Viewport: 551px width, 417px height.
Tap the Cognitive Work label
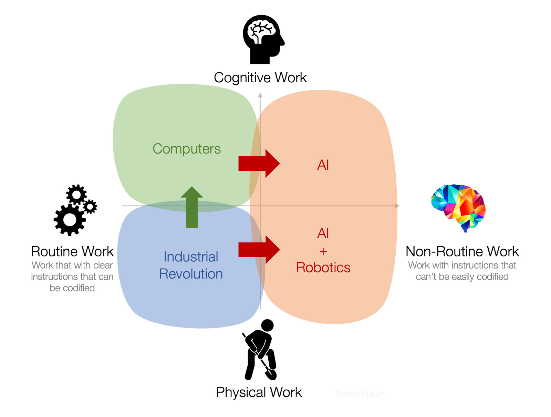(260, 78)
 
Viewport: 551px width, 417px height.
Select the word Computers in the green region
(186, 149)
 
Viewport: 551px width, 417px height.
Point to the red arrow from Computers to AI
(259, 164)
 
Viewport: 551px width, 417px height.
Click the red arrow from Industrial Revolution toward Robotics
(259, 250)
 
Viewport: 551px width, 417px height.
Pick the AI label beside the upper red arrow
(323, 165)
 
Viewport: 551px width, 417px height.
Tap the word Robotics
(323, 268)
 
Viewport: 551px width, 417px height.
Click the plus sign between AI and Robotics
(323, 251)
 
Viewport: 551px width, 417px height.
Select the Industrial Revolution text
(191, 265)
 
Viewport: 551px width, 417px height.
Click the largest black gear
(70, 220)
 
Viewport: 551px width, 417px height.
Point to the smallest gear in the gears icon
(90, 207)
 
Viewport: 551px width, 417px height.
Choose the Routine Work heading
(72, 251)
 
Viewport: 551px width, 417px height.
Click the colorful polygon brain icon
(459, 207)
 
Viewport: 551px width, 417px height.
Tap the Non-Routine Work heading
(462, 251)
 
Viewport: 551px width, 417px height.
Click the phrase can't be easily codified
(462, 277)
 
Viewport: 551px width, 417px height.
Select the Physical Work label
(259, 392)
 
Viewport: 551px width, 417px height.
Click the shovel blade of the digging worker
(271, 374)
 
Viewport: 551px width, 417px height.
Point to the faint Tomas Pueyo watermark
(359, 394)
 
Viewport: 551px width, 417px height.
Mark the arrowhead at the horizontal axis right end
(397, 206)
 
